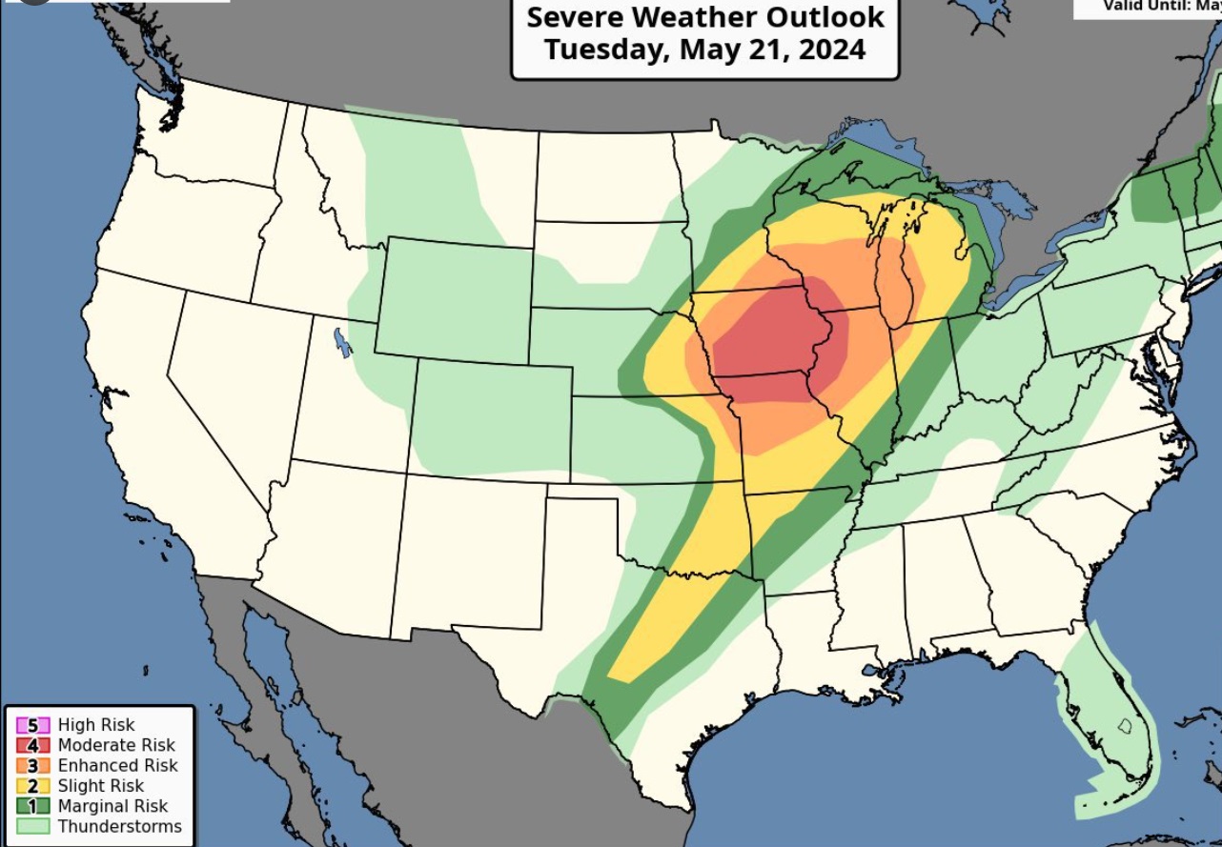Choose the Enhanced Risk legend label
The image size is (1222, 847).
[x=117, y=765]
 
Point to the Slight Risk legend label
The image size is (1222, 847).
[x=101, y=786]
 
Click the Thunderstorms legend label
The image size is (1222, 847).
[x=119, y=826]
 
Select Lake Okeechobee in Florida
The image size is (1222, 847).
[x=1125, y=726]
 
